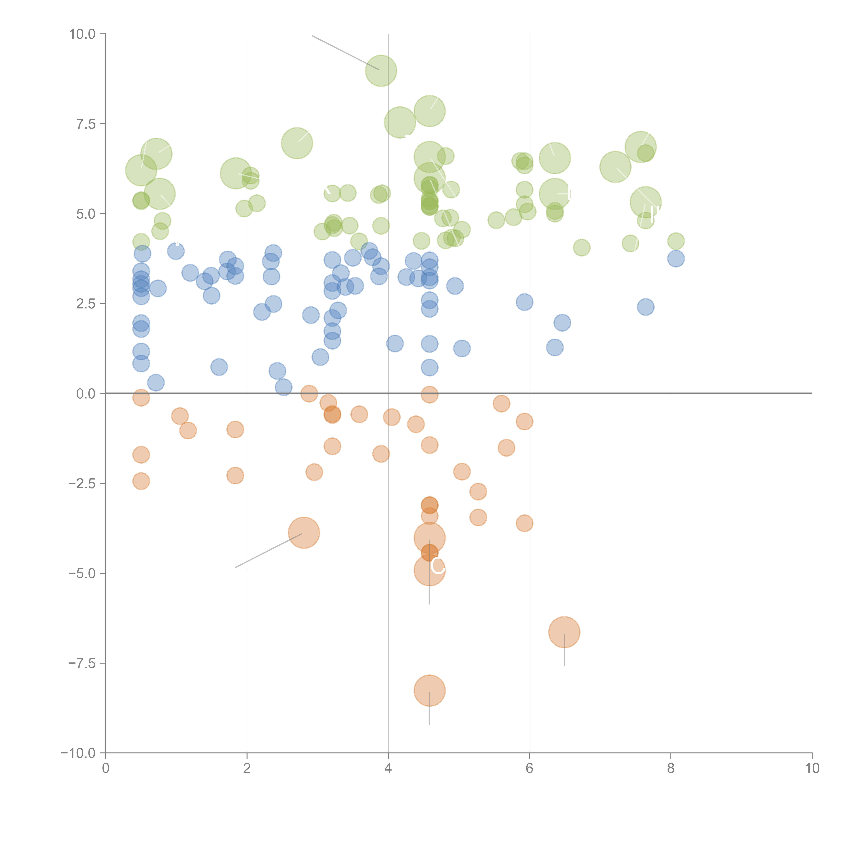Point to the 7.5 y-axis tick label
(x=86, y=124)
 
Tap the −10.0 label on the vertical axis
(x=78, y=753)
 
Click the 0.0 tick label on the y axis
(x=86, y=394)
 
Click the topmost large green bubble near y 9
(x=381, y=71)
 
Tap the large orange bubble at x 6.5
(x=564, y=632)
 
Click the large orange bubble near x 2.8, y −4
(x=304, y=532)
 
